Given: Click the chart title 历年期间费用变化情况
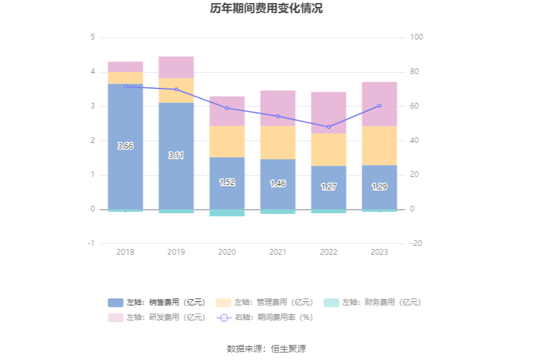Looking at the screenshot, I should (266, 9).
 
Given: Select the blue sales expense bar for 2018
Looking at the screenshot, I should (125, 176).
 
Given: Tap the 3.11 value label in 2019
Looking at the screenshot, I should (176, 155).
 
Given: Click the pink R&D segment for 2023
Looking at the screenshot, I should (379, 104).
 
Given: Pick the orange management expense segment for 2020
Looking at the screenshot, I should (227, 142).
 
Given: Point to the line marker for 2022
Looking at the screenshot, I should (329, 127).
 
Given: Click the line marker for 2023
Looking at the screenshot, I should (379, 105).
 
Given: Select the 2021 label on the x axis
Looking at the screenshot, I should (278, 252).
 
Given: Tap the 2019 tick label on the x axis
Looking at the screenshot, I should (176, 252).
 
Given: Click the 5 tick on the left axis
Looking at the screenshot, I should (93, 37).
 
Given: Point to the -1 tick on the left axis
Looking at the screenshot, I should (92, 243).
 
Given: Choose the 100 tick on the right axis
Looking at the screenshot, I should (416, 37).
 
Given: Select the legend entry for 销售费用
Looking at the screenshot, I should (156, 302).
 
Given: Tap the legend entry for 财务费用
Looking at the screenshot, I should (372, 302).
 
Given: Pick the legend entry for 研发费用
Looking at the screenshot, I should (156, 317).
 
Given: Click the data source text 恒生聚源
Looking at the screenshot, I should (288, 349).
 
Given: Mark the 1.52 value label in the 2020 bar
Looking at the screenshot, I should (227, 182).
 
